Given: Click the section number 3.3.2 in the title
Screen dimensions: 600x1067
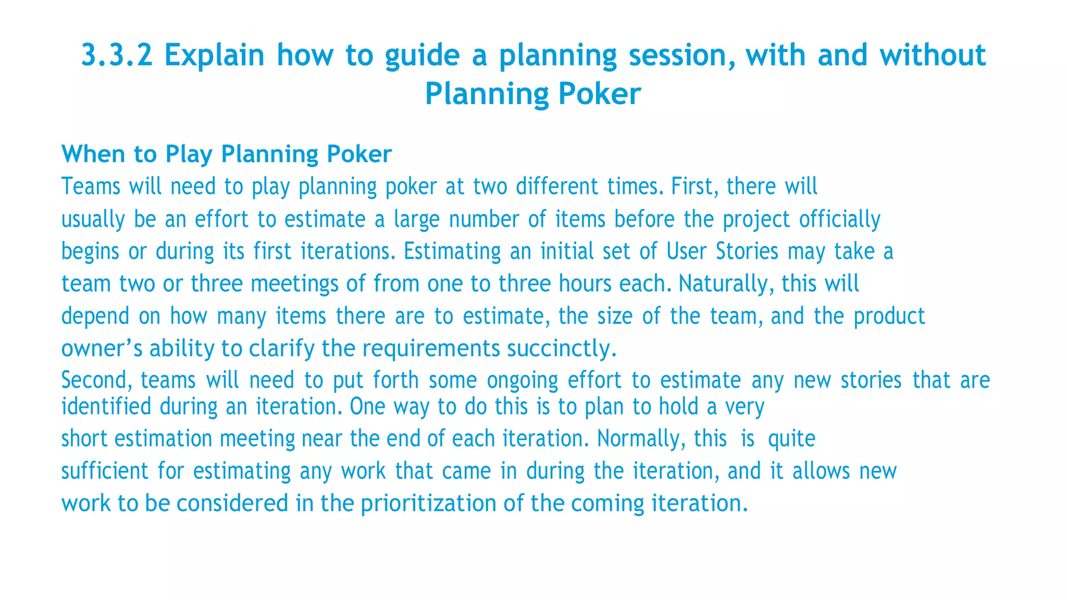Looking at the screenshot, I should (117, 55).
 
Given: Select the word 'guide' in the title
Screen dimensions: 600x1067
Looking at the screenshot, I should (422, 55).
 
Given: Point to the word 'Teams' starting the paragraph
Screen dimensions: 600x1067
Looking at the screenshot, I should (91, 186).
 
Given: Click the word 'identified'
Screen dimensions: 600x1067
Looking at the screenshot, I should (106, 407).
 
